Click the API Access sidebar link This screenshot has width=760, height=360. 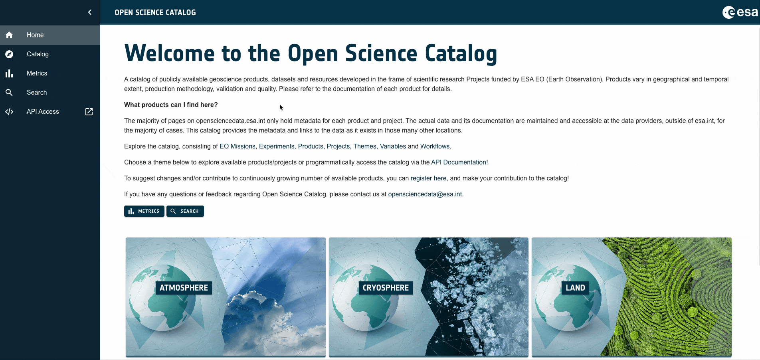point(43,112)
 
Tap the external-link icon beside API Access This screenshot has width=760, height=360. point(89,112)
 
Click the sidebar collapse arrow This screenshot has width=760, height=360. point(90,12)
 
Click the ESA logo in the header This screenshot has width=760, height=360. point(740,12)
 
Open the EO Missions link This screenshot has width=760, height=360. point(238,146)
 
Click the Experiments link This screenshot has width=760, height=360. point(277,146)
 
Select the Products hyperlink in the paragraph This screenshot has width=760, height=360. point(311,146)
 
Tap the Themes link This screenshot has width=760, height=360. point(365,146)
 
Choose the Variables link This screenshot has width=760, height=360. point(393,146)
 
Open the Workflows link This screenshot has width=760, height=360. point(435,146)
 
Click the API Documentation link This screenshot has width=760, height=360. point(459,162)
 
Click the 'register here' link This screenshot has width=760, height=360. point(428,178)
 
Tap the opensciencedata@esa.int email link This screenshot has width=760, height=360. point(425,194)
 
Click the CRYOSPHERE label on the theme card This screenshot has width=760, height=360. point(386,288)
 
